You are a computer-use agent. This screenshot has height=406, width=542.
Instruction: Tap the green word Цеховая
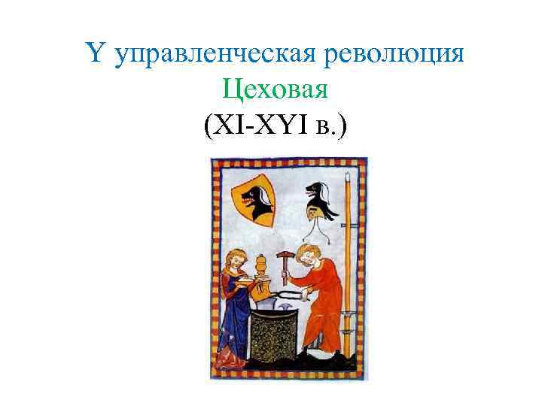(x=276, y=92)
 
